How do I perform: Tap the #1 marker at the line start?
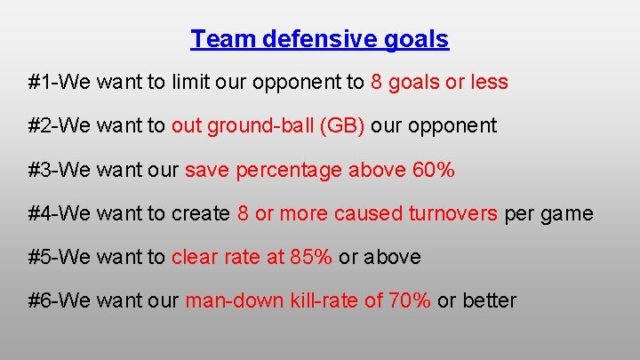(39, 83)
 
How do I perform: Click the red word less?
(488, 83)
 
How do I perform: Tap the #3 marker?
(39, 170)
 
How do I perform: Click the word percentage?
(289, 170)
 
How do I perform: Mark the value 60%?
(434, 170)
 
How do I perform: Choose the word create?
(201, 213)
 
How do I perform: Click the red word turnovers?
(452, 213)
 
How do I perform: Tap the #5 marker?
(39, 257)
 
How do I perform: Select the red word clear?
(193, 257)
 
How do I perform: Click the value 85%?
(311, 257)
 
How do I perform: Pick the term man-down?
(234, 300)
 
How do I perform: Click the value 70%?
(410, 300)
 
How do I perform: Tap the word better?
(489, 300)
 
